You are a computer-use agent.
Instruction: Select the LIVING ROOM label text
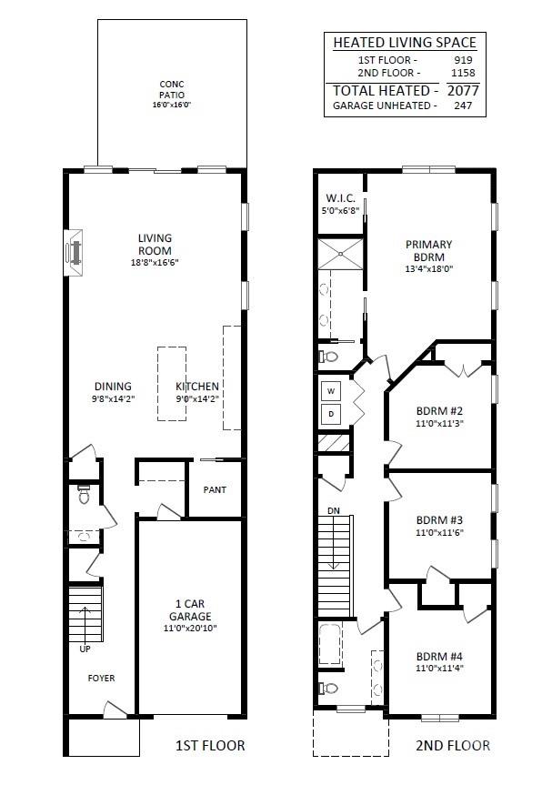tap(155, 244)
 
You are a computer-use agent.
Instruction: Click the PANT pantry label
tap(215, 490)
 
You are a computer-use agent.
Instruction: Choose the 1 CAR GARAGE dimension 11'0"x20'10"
tap(191, 628)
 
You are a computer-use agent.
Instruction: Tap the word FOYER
tap(101, 679)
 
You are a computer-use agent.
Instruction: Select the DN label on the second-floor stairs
tap(334, 511)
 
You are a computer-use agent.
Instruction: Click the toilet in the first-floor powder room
tap(84, 496)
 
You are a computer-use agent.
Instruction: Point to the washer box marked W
tap(330, 392)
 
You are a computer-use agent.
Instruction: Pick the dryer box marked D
tap(330, 414)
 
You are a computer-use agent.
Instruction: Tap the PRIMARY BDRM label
tap(428, 250)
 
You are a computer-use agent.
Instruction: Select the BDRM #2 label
tap(440, 410)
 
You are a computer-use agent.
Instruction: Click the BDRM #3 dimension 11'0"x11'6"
tap(440, 533)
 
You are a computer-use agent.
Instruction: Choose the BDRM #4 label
tap(440, 657)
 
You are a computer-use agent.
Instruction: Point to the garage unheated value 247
tap(463, 106)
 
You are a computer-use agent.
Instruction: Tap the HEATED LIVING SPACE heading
tap(404, 42)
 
